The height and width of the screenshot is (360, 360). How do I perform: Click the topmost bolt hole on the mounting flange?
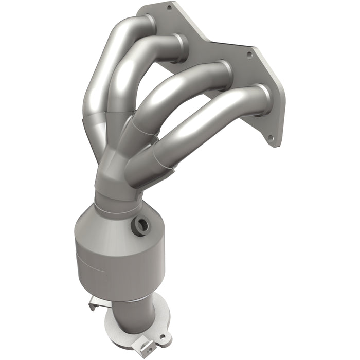(169, 7)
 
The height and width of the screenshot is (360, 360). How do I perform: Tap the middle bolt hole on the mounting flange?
(249, 53)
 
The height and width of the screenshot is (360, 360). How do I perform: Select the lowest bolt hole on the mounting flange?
(269, 137)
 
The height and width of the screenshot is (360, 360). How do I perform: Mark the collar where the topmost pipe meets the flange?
(148, 23)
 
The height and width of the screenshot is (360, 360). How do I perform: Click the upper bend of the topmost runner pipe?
(116, 36)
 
